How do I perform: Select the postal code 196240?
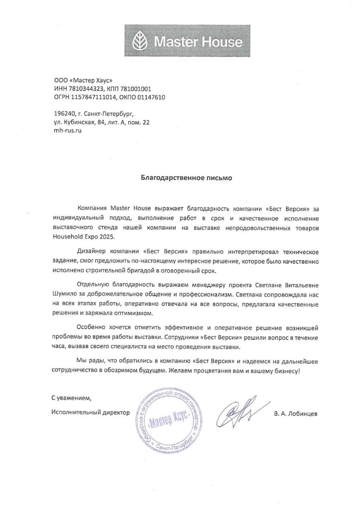[x=61, y=114]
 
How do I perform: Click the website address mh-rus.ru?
[x=65, y=131]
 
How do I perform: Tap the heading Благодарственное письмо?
[x=186, y=178]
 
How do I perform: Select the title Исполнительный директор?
[x=90, y=412]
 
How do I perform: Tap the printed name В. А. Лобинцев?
[x=295, y=414]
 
